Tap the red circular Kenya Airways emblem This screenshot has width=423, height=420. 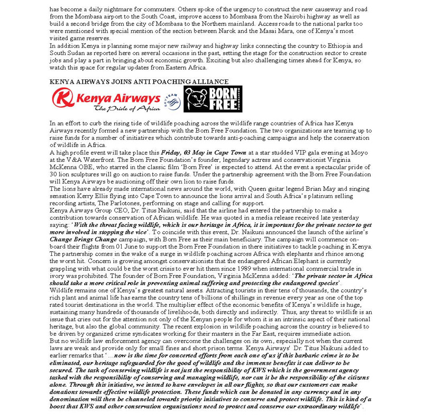62,98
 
